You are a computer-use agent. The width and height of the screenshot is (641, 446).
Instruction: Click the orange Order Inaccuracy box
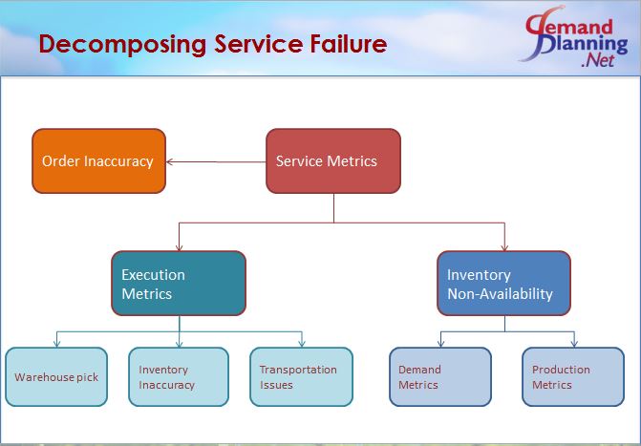click(98, 161)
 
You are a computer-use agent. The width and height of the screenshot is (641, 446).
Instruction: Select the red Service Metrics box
click(332, 161)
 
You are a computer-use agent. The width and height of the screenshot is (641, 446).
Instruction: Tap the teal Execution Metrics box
click(179, 284)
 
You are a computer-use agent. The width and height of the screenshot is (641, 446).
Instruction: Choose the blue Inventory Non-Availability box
click(503, 284)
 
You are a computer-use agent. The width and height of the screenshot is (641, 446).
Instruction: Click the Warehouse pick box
click(56, 376)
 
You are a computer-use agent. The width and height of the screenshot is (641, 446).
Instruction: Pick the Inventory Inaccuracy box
click(179, 376)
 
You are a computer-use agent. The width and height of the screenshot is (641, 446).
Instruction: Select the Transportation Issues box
click(301, 376)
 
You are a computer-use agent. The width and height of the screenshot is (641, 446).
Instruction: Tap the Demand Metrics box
click(440, 376)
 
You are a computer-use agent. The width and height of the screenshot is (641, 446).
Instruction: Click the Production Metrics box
click(573, 376)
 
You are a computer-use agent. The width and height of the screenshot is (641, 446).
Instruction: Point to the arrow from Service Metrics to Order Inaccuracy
click(215, 161)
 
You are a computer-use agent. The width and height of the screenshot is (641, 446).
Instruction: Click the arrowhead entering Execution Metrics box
click(179, 246)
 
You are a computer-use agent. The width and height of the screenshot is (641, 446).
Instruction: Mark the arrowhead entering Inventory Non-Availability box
click(504, 246)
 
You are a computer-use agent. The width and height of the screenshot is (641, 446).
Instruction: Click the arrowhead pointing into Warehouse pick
click(56, 343)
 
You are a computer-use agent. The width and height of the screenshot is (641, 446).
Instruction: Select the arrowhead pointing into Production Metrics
click(573, 343)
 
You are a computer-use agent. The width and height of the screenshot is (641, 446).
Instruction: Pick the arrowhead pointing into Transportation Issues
click(302, 343)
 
